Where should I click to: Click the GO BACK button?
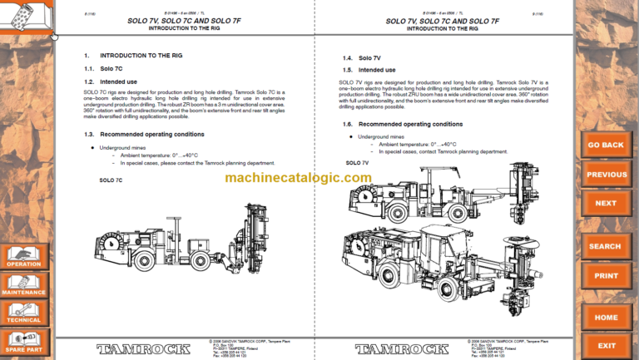point(605,145)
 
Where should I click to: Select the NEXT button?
point(605,203)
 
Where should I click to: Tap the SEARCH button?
point(605,246)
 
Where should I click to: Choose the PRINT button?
point(605,275)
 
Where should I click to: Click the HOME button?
point(605,317)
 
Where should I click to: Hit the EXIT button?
point(605,346)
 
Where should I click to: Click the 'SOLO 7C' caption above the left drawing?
point(111,180)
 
